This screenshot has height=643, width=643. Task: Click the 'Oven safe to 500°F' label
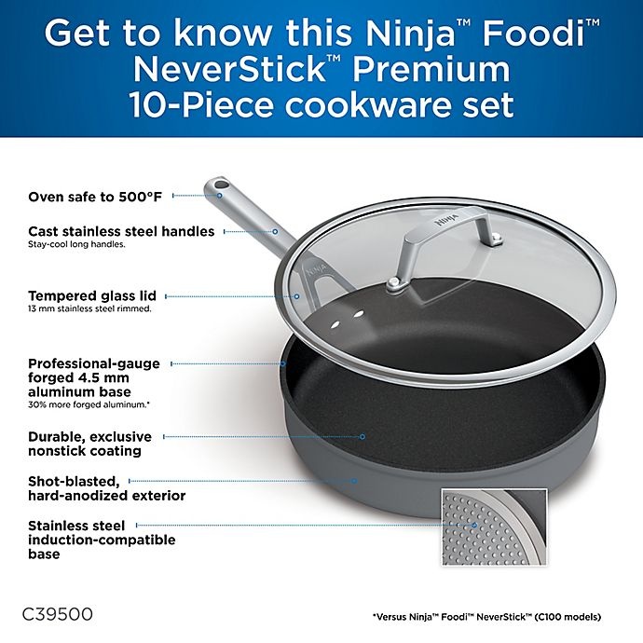(x=95, y=197)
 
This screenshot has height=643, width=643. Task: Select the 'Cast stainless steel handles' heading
(x=121, y=231)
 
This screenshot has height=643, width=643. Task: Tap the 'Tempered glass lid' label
(x=91, y=295)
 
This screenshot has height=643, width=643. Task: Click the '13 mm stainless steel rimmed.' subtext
(x=89, y=308)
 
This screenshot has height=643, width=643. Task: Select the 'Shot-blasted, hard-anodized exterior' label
(x=106, y=488)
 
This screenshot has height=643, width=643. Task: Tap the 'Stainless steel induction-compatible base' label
(x=102, y=540)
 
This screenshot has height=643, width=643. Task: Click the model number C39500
(x=58, y=616)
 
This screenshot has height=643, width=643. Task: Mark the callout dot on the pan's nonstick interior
(x=363, y=436)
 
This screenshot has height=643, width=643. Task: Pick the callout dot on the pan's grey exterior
(x=354, y=481)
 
